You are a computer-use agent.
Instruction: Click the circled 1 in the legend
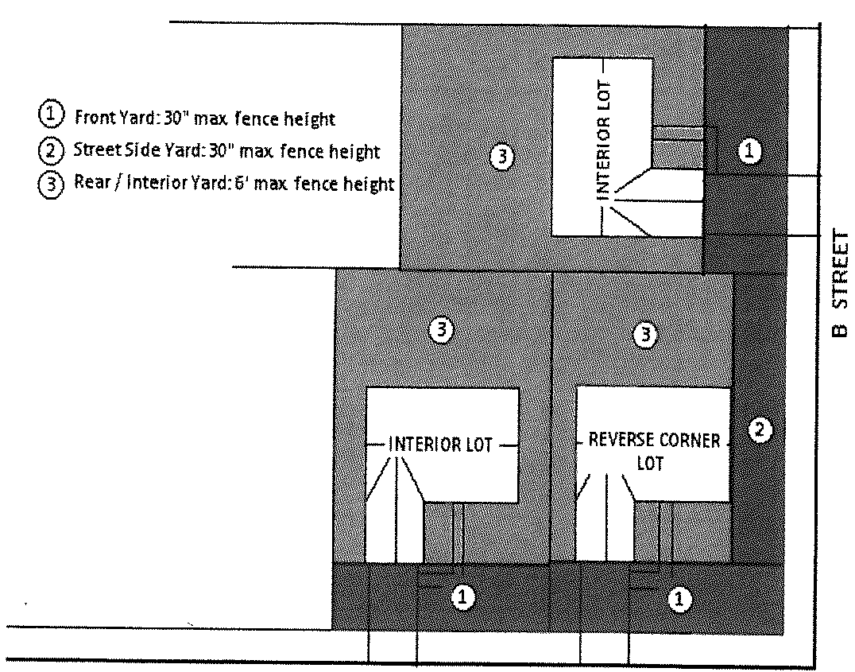(49, 116)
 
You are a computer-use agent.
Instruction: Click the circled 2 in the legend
(49, 150)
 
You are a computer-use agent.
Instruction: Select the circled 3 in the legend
(49, 183)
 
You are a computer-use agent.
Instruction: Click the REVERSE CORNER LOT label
(653, 451)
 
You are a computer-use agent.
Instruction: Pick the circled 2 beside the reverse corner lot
(760, 430)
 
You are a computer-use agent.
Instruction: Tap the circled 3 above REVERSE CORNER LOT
(645, 335)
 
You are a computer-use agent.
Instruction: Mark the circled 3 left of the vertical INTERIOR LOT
(501, 157)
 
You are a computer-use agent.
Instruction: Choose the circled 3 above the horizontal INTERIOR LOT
(442, 330)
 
